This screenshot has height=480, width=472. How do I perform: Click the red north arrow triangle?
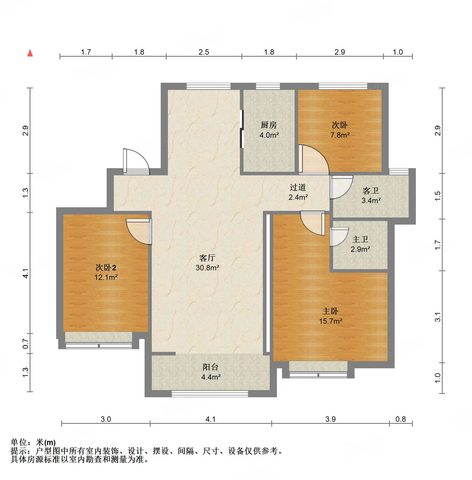tap(30, 53)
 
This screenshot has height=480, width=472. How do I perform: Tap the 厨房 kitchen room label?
tap(269, 125)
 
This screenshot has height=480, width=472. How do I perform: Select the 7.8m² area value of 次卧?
tap(340, 135)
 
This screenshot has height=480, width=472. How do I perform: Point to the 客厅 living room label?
tap(207, 258)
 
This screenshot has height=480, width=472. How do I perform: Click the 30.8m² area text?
tap(207, 268)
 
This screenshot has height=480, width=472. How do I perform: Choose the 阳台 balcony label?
tap(211, 367)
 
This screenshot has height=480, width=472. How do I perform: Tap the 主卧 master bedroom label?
tap(330, 311)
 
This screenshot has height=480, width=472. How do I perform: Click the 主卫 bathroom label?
tap(360, 239)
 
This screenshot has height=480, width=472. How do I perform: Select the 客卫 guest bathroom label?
tap(371, 191)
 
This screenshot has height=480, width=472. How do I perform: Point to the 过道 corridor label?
tap(298, 187)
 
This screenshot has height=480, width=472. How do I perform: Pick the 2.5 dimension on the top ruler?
tap(204, 52)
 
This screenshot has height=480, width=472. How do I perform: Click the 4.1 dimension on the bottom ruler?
tap(210, 419)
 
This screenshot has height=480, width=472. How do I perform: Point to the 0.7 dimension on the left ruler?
tap(26, 343)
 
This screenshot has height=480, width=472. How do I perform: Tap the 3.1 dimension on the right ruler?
tap(438, 317)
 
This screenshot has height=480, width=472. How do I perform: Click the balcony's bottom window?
tap(210, 394)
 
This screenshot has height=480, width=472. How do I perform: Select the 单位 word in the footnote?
tap(19, 442)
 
